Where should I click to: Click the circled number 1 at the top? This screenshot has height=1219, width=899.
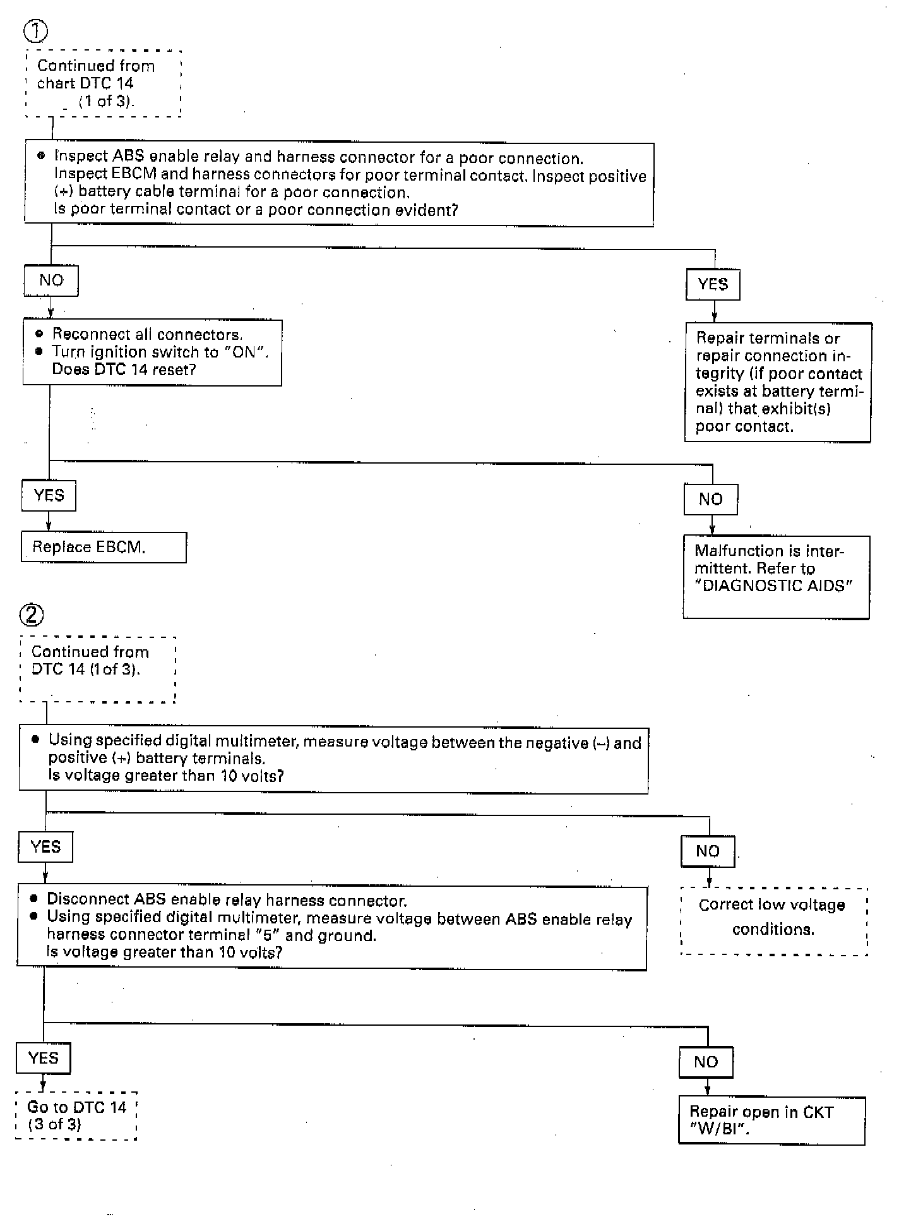click(35, 31)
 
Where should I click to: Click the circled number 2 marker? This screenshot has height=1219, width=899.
click(32, 615)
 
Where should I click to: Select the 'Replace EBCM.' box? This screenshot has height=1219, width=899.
click(104, 547)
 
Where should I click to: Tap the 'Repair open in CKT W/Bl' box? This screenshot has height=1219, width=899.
click(771, 1120)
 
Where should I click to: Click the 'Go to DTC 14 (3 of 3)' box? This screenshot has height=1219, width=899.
click(76, 1115)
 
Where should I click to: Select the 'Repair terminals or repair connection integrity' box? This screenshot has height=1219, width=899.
click(778, 382)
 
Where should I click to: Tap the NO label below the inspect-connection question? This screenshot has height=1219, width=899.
click(51, 280)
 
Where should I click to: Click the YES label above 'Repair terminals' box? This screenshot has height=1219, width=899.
click(713, 285)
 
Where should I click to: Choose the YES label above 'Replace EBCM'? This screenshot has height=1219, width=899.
click(49, 495)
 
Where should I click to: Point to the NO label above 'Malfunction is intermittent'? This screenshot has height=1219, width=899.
click(710, 500)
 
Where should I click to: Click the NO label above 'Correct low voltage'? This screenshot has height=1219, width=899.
click(708, 851)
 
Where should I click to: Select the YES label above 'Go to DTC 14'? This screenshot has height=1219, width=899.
click(44, 1058)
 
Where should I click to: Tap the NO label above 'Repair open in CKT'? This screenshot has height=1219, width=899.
click(706, 1062)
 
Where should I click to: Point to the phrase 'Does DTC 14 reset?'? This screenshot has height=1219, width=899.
click(124, 369)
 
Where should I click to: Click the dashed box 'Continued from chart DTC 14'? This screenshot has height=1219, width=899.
click(104, 83)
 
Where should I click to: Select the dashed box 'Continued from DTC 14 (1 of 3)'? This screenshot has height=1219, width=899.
click(97, 669)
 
